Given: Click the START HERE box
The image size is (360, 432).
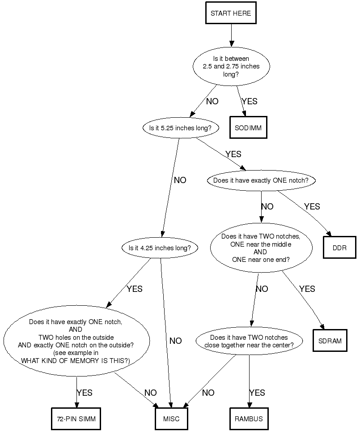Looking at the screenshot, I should (x=231, y=13).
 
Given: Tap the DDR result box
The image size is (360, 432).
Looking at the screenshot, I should (x=339, y=247).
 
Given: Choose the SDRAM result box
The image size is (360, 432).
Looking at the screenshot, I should (x=330, y=341).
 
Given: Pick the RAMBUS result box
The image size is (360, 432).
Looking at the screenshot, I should (x=249, y=419).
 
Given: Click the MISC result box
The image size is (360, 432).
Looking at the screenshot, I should (x=171, y=419).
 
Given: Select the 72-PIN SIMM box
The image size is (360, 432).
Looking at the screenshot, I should (x=76, y=419).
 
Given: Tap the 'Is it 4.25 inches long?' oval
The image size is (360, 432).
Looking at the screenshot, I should (x=160, y=248).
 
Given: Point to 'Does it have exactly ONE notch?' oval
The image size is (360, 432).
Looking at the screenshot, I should (x=261, y=181).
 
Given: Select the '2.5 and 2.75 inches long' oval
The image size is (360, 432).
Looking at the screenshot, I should (x=231, y=66).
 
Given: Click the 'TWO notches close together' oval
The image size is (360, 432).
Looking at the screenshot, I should (x=249, y=341).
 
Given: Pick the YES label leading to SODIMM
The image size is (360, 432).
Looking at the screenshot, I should (x=249, y=101).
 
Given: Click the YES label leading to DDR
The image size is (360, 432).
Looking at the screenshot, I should (x=312, y=206).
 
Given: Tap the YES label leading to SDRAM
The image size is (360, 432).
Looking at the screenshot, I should (x=307, y=289).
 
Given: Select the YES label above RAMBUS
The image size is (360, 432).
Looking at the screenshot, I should (x=257, y=393).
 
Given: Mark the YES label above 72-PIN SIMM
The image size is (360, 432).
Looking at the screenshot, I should (x=84, y=393).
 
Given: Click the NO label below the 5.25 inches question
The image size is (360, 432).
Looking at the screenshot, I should (x=180, y=180).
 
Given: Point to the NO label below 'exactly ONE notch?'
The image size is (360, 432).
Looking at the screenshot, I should (x=267, y=206).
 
